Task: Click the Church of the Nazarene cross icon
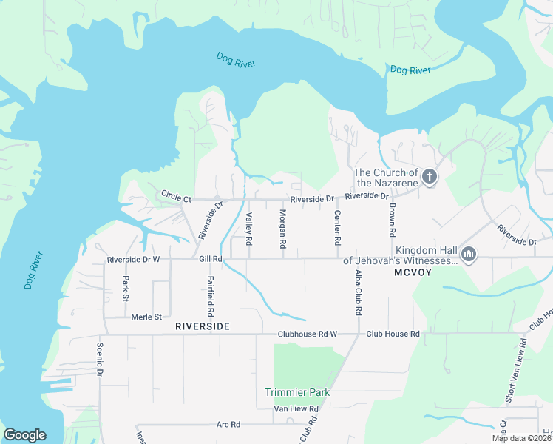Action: [430, 177]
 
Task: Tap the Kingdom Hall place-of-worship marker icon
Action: [467, 255]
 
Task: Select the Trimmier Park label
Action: [297, 391]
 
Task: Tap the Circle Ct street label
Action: [176, 198]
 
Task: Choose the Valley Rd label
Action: [249, 228]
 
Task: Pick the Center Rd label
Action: [337, 228]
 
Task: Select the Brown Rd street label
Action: [393, 220]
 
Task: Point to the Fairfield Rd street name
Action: [211, 291]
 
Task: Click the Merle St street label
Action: [147, 317]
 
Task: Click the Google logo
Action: [24, 434]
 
